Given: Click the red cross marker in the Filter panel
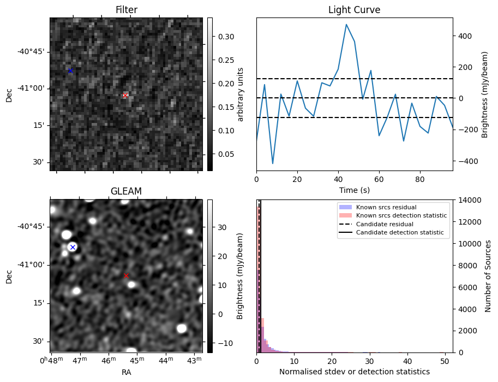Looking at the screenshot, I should (125, 95).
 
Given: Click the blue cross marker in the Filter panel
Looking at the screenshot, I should (70, 70).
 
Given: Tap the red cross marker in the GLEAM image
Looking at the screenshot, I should (126, 275).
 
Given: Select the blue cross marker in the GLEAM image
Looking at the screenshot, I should (73, 247).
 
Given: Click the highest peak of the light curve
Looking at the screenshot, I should (346, 25).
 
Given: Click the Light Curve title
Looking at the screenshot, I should (354, 10).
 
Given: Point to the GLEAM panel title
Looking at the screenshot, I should (126, 191).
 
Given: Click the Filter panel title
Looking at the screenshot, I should (126, 10).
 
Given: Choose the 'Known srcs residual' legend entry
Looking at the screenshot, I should (386, 208).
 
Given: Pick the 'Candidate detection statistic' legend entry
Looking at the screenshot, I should (399, 233).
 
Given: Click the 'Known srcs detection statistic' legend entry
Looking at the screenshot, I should (401, 216).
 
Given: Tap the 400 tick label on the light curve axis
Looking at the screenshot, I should (464, 36).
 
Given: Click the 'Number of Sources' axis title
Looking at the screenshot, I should (488, 275).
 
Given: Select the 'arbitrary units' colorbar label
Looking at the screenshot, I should (241, 94).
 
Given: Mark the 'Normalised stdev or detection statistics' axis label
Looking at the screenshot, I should (354, 372).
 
